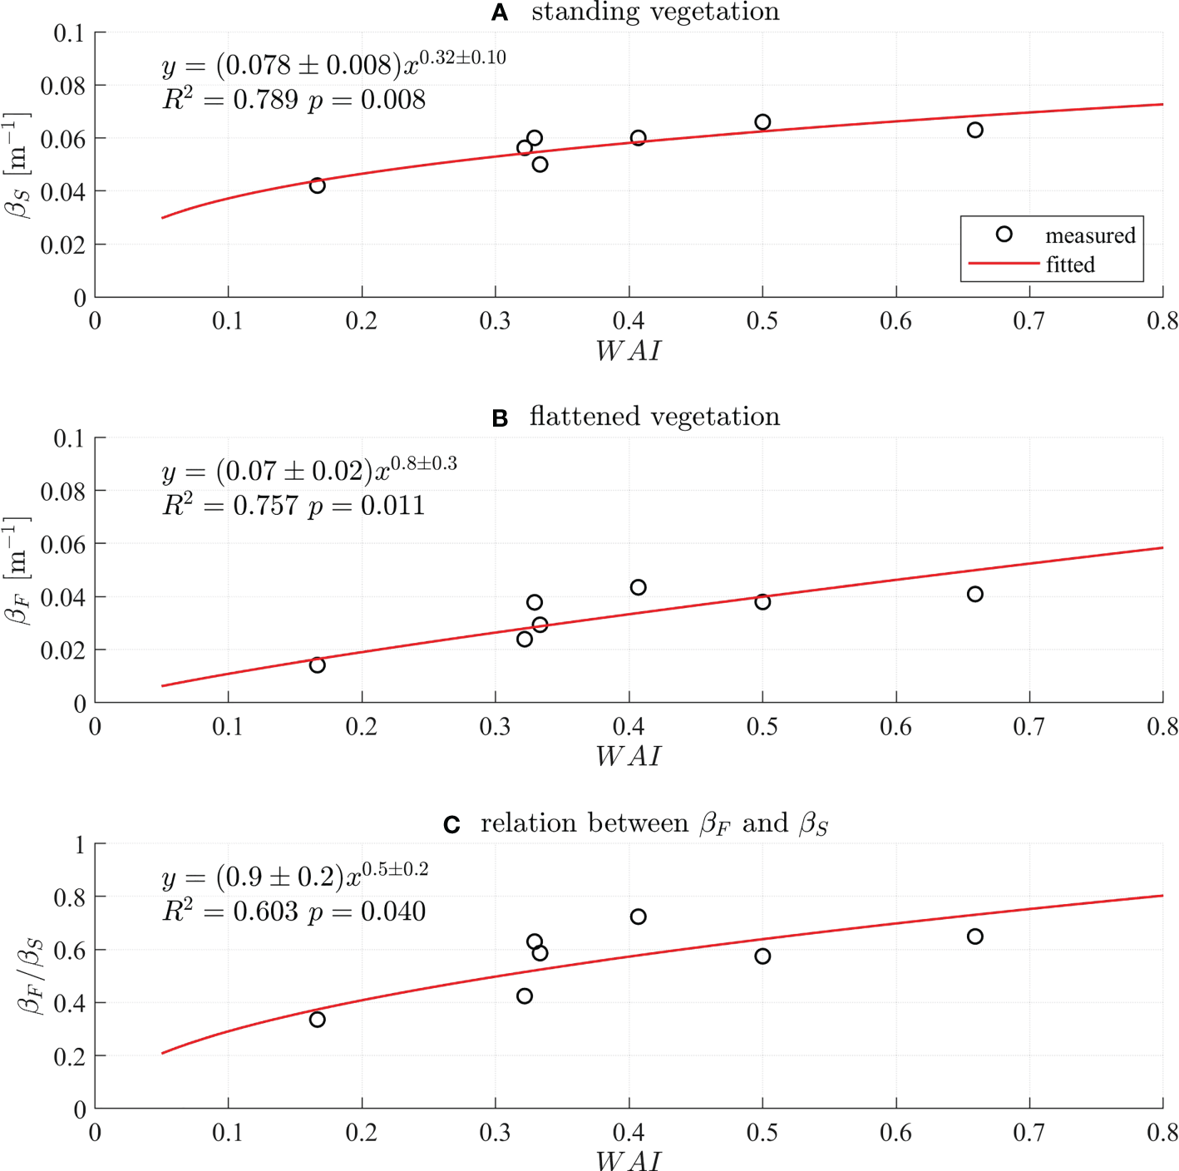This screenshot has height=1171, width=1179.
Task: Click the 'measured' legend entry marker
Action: coord(1004,235)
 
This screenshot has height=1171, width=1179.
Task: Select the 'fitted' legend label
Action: coord(1070,264)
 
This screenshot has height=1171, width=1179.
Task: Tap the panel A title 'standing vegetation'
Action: coord(655,12)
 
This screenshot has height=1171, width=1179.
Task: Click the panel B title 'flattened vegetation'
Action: coord(654,416)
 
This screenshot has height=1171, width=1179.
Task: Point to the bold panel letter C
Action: coord(451,824)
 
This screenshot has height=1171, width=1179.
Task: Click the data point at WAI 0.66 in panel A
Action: coord(974,130)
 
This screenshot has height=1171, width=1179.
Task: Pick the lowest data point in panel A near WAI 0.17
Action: coord(317,185)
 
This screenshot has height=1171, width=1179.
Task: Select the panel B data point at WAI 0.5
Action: coord(762,601)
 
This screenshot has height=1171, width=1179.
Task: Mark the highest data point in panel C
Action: coord(638,917)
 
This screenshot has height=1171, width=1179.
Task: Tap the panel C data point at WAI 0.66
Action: coord(974,936)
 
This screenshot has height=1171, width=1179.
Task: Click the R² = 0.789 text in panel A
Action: coord(230,100)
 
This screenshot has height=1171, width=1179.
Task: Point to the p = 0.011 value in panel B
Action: coord(367,506)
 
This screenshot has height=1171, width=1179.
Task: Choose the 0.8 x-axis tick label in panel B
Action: coord(1162,727)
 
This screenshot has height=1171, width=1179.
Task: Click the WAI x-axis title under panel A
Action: coord(629,351)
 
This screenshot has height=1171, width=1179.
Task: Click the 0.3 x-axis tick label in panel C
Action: coord(495,1133)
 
